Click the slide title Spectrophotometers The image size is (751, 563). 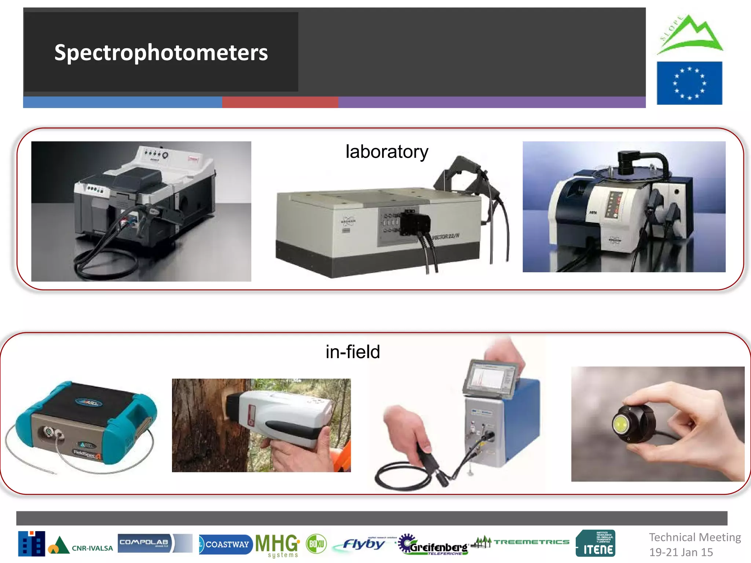pyautogui.click(x=161, y=52)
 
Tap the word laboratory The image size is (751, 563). pyautogui.click(x=387, y=152)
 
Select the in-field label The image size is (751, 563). pyautogui.click(x=353, y=352)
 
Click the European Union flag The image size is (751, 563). pyautogui.click(x=689, y=83)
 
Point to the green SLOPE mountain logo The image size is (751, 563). pyautogui.click(x=689, y=35)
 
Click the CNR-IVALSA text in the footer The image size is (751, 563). pyautogui.click(x=92, y=548)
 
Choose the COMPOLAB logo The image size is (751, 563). pyautogui.click(x=144, y=543)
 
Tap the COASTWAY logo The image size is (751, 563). pyautogui.click(x=226, y=544)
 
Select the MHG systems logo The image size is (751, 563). pyautogui.click(x=278, y=545)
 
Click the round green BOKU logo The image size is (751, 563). pyautogui.click(x=316, y=544)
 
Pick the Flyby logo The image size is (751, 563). pyautogui.click(x=363, y=544)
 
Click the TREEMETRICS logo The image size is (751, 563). pyautogui.click(x=521, y=542)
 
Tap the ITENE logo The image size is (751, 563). pyautogui.click(x=596, y=544)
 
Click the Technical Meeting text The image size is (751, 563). pyautogui.click(x=695, y=537)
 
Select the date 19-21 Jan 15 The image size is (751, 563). pyautogui.click(x=681, y=552)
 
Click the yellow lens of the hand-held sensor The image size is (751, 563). pyautogui.click(x=621, y=424)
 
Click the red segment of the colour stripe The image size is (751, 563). pyautogui.click(x=280, y=102)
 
